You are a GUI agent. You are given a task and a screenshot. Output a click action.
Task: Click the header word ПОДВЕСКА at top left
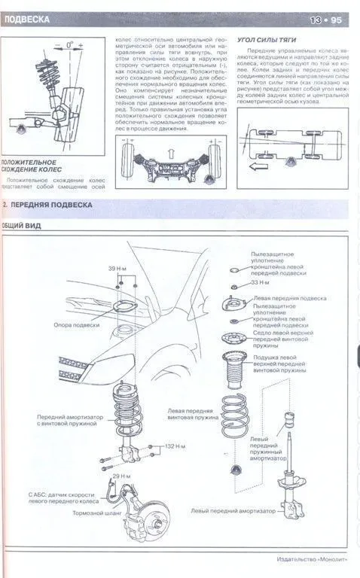point(27,20)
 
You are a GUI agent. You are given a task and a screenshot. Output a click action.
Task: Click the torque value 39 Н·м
point(117,269)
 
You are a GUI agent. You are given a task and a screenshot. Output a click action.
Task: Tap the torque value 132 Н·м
point(175,446)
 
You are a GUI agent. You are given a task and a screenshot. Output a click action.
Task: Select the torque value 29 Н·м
point(122,476)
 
